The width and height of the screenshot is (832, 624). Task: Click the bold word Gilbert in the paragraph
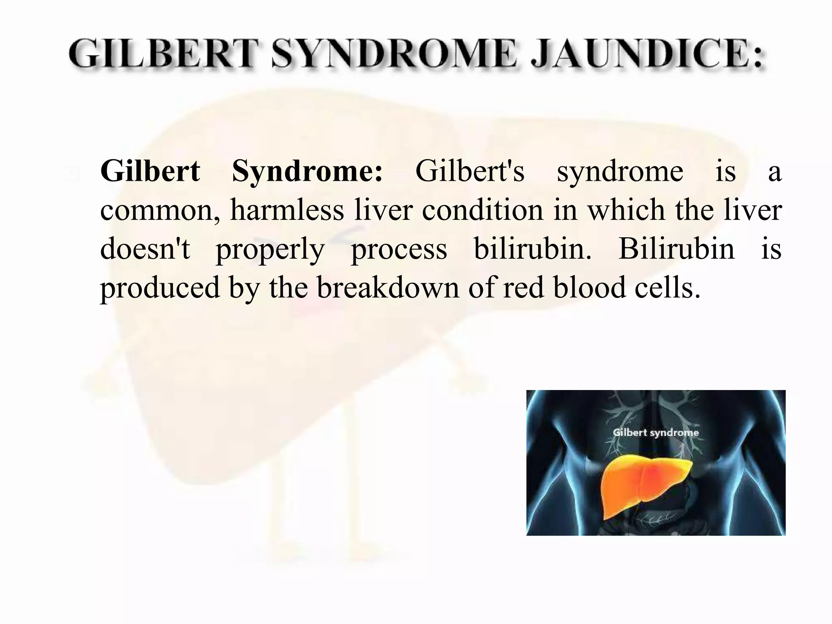tap(150, 171)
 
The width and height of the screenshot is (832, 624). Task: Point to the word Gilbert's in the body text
tap(470, 171)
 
